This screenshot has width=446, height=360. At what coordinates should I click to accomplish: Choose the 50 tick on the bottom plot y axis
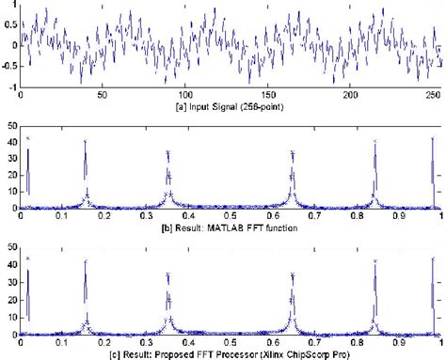[12, 247]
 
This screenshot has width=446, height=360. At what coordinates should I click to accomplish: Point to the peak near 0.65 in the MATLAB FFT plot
[293, 150]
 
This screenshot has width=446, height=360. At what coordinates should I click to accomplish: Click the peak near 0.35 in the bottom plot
[167, 274]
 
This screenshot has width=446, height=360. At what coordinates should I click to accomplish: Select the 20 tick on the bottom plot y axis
[12, 295]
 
